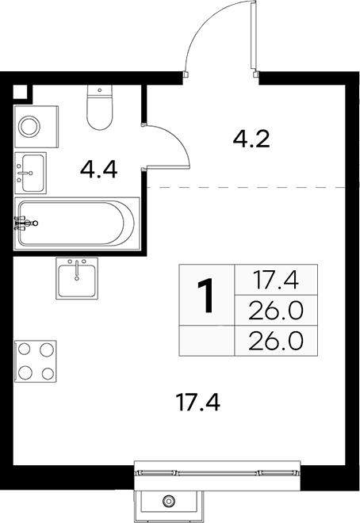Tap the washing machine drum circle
[x=29, y=127]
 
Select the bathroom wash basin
[x=30, y=173]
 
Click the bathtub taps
[x=25, y=223]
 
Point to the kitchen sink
[x=77, y=278]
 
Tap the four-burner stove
[x=35, y=361]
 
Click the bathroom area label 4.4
[x=99, y=170]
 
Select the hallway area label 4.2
[x=251, y=139]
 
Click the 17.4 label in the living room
[x=198, y=402]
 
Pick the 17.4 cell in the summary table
[x=276, y=280]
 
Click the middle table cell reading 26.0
[x=276, y=310]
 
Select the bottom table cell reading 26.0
[x=276, y=341]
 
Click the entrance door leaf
[x=254, y=36]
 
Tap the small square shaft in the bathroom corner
[x=20, y=91]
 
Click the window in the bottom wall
[x=217, y=472]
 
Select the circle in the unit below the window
[x=168, y=501]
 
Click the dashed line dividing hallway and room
[x=246, y=188]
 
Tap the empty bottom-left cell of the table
[x=207, y=341]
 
